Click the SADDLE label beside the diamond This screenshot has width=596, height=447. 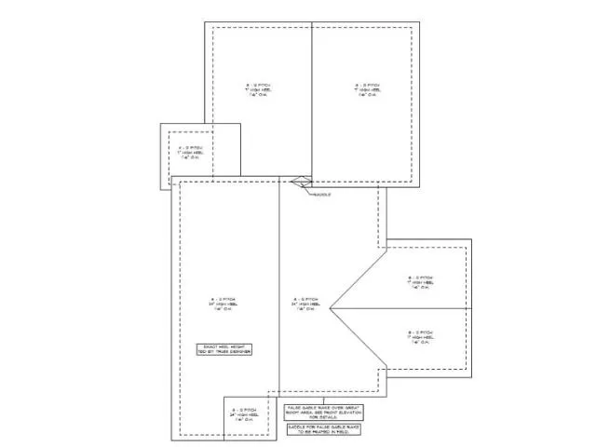click(321, 194)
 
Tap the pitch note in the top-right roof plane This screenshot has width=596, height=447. click(367, 89)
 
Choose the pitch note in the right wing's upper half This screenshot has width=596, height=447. click(421, 282)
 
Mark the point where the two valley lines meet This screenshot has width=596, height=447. click(330, 307)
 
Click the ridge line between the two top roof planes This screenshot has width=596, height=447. click(311, 102)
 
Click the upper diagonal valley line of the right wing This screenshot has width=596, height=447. click(359, 278)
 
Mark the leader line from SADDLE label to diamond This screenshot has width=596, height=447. click(309, 189)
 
